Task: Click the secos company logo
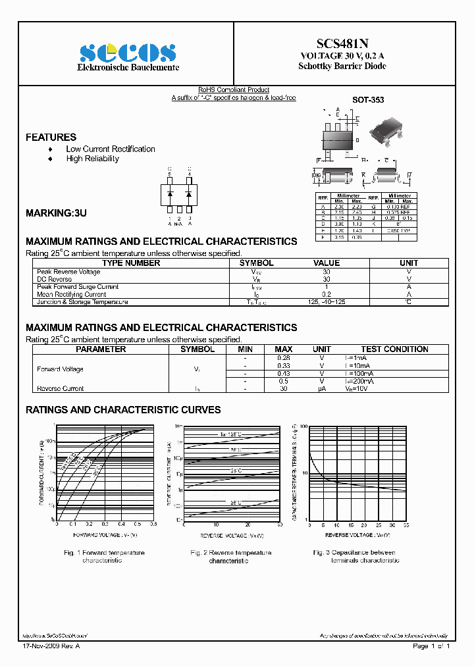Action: pyautogui.click(x=128, y=53)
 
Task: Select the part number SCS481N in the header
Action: pyautogui.click(x=342, y=43)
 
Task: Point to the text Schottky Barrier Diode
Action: pyautogui.click(x=342, y=66)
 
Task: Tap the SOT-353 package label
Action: pyautogui.click(x=368, y=100)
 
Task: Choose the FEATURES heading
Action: pyautogui.click(x=51, y=137)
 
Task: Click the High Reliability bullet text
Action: pyautogui.click(x=92, y=159)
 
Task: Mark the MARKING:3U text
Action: pyautogui.click(x=56, y=214)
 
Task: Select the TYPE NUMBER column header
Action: pyautogui.click(x=131, y=263)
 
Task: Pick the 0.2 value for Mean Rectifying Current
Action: pyautogui.click(x=327, y=294)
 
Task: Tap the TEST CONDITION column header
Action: pyautogui.click(x=394, y=349)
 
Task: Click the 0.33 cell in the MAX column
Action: pyautogui.click(x=284, y=365)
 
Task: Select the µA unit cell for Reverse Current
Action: pyautogui.click(x=322, y=388)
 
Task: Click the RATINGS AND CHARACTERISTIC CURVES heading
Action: pyautogui.click(x=123, y=410)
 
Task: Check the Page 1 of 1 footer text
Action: pyautogui.click(x=431, y=646)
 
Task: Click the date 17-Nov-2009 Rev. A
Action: pyautogui.click(x=51, y=646)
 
